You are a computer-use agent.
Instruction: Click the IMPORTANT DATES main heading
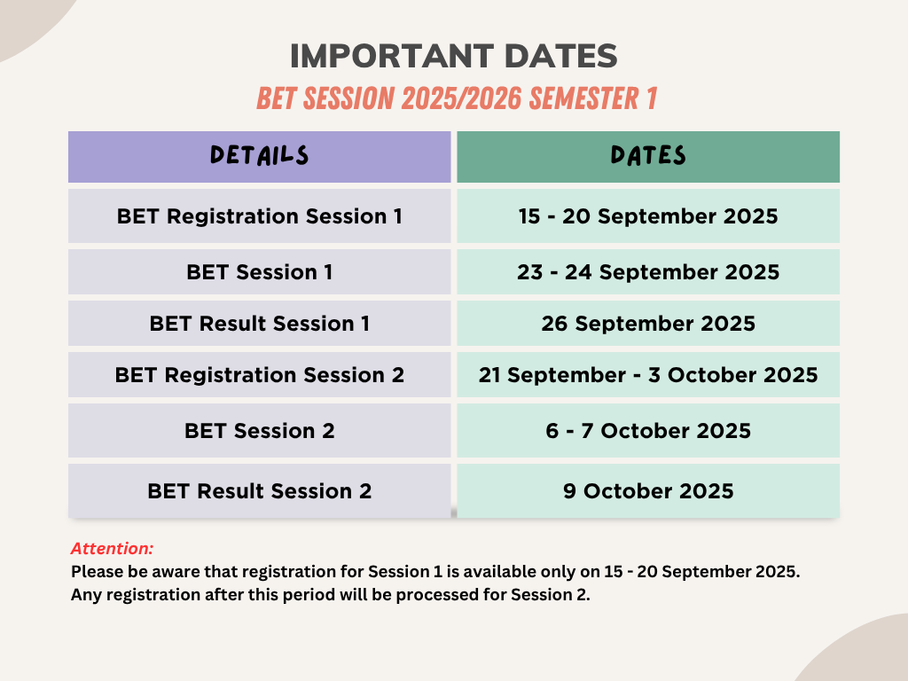click(x=453, y=56)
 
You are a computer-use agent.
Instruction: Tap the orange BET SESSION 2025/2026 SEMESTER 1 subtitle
click(x=457, y=98)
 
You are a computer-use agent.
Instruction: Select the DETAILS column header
click(x=260, y=155)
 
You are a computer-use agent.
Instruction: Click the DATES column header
click(x=648, y=155)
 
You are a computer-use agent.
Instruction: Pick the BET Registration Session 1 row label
click(x=260, y=216)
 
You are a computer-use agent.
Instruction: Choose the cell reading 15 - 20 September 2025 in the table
click(x=648, y=216)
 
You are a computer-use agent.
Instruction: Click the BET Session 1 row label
click(x=260, y=271)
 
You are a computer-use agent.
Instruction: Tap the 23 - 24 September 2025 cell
click(x=648, y=271)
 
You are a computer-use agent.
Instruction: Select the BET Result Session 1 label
click(x=260, y=323)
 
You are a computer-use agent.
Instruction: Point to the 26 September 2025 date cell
click(x=648, y=323)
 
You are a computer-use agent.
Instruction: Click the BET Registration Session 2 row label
click(x=260, y=375)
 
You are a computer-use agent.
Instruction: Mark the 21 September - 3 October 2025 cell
click(x=648, y=375)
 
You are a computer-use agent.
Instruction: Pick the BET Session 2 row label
click(x=260, y=431)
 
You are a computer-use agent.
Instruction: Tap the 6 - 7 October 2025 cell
click(x=648, y=431)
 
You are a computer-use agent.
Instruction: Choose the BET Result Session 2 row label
click(x=260, y=491)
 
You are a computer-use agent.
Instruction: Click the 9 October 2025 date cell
click(x=648, y=491)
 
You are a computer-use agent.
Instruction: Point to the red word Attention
click(x=112, y=548)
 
